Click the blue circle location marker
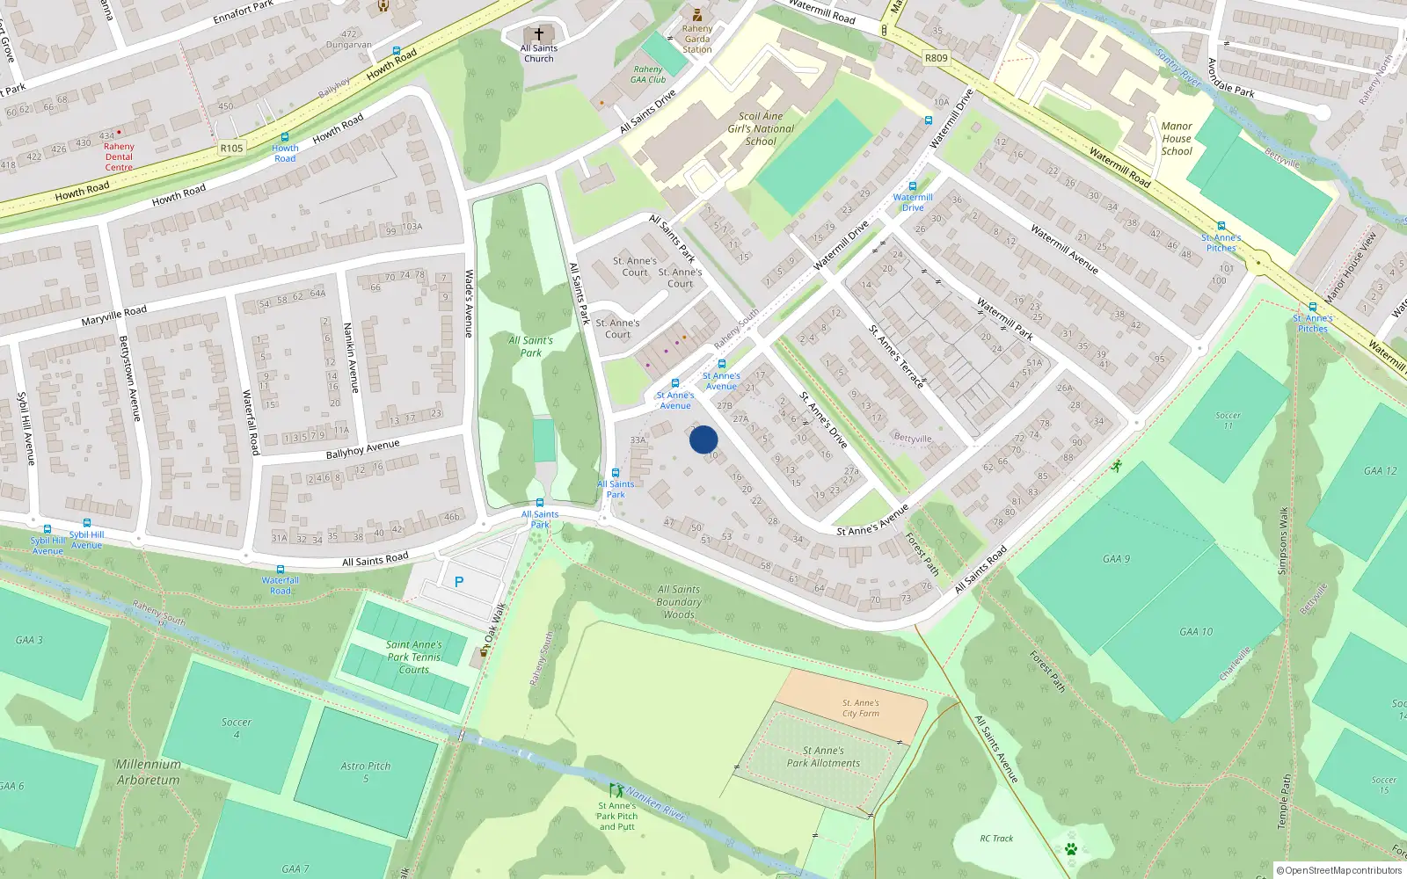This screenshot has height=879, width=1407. (703, 439)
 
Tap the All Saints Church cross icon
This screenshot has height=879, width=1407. (539, 34)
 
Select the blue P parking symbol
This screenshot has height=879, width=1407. (459, 582)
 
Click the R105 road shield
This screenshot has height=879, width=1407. (231, 149)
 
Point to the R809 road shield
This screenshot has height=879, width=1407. (936, 58)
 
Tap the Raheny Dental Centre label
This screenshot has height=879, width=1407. (119, 156)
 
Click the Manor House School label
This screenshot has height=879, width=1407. (1177, 139)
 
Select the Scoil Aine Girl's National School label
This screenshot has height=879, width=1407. (761, 128)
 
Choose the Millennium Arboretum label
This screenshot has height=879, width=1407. (148, 772)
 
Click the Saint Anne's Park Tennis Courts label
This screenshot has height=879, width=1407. (413, 657)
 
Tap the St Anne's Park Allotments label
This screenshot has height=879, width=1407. (823, 757)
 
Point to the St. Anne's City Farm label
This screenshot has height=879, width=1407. (860, 708)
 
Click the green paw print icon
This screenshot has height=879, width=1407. (1071, 849)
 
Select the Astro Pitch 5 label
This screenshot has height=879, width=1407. (366, 772)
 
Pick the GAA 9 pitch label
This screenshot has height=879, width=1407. (1116, 559)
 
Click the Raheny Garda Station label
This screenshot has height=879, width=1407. (697, 39)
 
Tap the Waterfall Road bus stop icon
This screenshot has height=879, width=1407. (281, 570)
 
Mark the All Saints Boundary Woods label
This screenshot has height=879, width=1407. (679, 602)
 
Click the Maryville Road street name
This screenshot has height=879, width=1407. (114, 316)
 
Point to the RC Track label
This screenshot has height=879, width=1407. (996, 839)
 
